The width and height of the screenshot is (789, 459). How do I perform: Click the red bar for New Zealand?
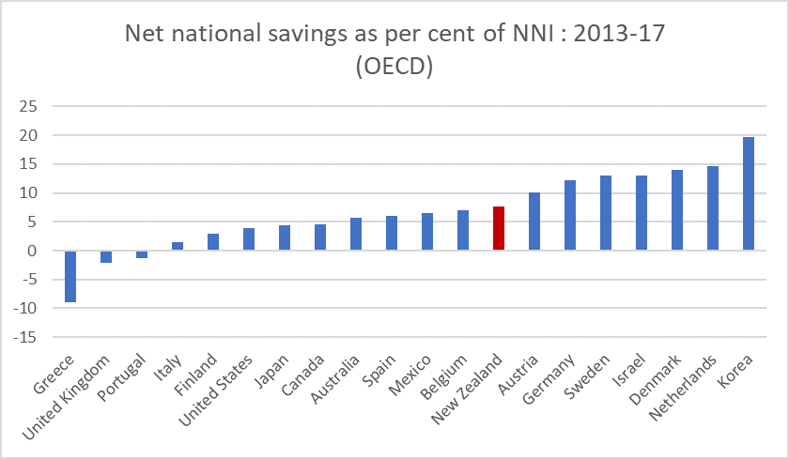coord(499,228)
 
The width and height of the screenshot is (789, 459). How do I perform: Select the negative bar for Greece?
coord(70,276)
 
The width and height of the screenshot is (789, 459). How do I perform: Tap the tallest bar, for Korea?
coord(749,194)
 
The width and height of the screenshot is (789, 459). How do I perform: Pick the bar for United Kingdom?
coord(106,256)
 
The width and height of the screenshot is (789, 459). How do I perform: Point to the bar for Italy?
coord(178,246)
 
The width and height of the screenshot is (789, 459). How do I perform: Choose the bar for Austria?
coord(534,222)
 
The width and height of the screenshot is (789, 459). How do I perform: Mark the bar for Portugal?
coord(142,253)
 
